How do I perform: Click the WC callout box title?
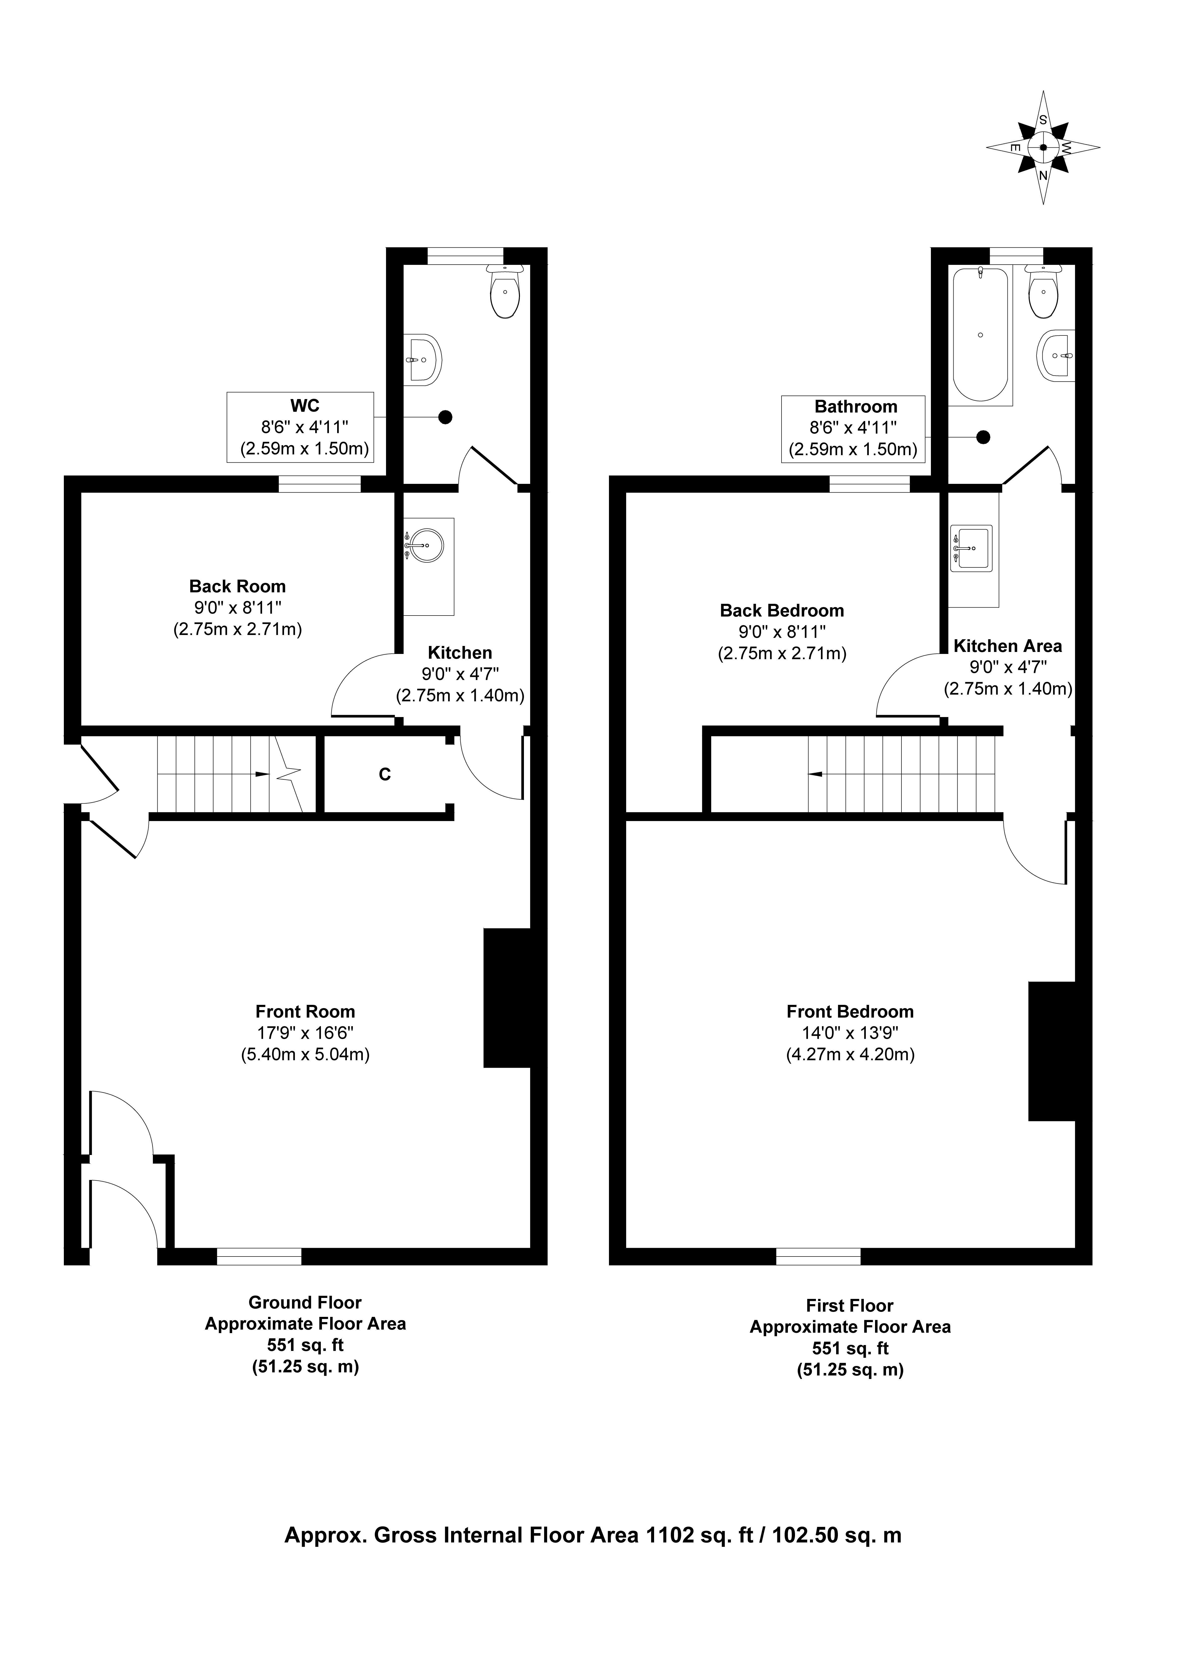tap(305, 405)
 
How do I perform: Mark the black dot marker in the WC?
tap(445, 417)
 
